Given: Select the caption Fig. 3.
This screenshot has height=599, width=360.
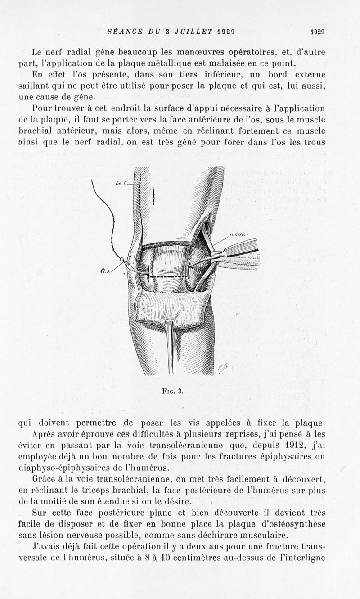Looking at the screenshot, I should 173,391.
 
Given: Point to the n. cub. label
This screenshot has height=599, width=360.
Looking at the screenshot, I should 237,234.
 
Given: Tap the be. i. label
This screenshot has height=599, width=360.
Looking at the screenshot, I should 120,184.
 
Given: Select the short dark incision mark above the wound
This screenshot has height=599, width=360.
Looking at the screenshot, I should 154,195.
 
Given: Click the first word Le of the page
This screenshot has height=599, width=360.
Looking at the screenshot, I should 38,51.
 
